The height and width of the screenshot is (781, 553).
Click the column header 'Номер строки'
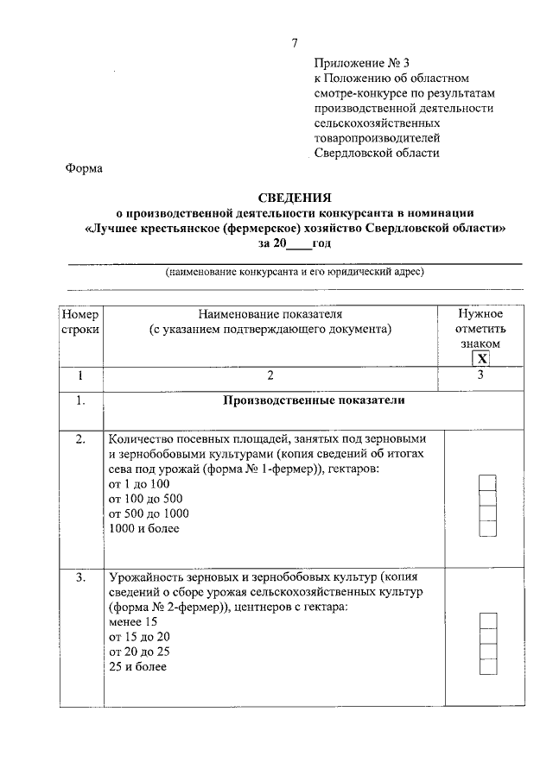[x=80, y=320]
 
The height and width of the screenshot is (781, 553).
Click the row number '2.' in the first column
[x=80, y=440]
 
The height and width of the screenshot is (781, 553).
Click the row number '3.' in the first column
[x=80, y=576]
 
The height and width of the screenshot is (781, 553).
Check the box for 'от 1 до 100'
[x=487, y=482]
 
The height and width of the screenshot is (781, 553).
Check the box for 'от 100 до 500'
[x=487, y=497]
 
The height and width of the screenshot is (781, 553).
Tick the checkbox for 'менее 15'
[x=487, y=620]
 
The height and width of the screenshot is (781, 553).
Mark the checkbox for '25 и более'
[x=487, y=666]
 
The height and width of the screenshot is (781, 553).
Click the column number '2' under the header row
[x=270, y=375]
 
